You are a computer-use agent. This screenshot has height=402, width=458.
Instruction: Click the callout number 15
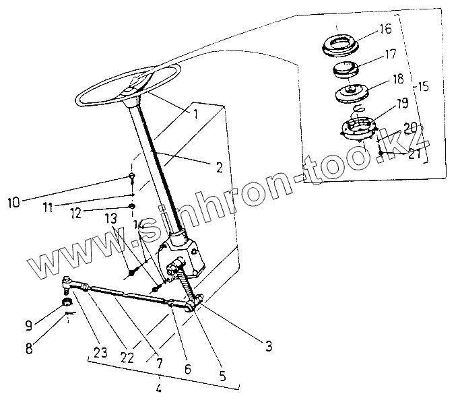[423, 87]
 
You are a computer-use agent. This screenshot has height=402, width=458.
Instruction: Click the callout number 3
[268, 347]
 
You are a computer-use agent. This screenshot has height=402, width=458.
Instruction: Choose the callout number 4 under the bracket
[158, 389]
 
